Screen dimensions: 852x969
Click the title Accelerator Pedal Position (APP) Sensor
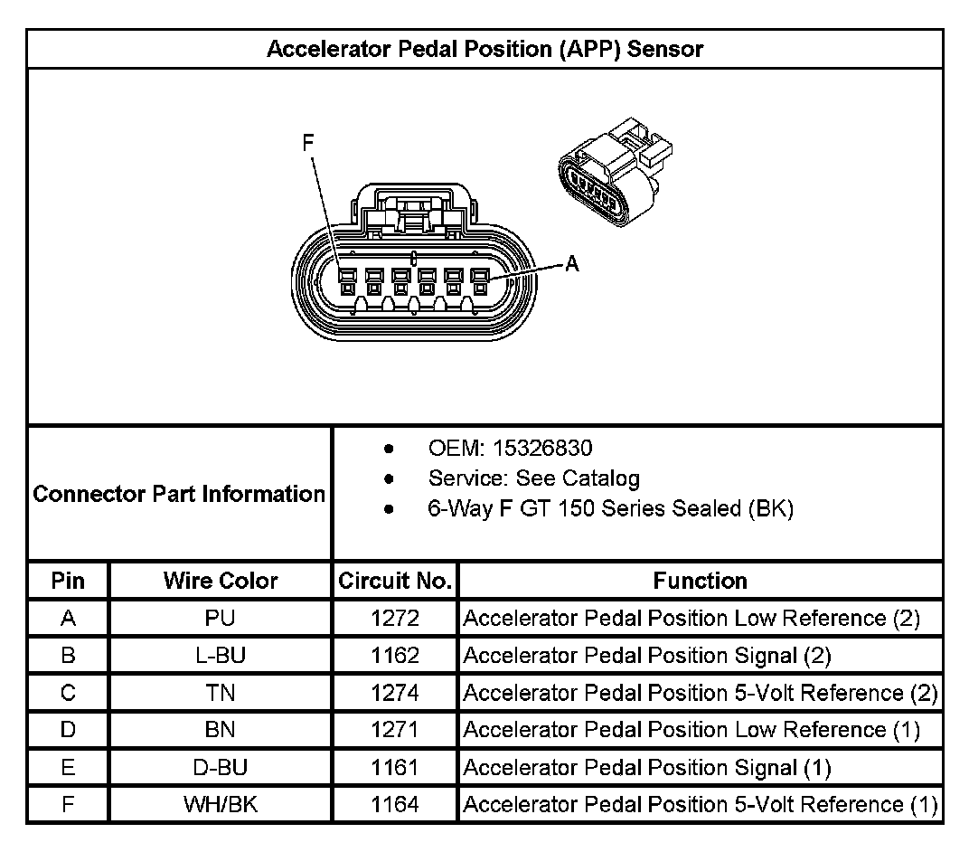[484, 49]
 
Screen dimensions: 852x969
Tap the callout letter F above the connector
[308, 143]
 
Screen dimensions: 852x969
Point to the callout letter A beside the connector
[571, 264]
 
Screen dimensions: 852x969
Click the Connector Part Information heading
[179, 494]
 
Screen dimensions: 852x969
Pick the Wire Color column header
[221, 581]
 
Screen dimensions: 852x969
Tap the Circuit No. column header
[394, 581]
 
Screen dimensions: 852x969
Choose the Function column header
[700, 581]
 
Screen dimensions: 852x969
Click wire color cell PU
[221, 619]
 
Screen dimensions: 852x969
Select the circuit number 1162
[395, 656]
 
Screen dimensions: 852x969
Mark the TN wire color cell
[221, 693]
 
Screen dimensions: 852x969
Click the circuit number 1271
[395, 730]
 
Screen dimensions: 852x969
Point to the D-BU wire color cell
[221, 768]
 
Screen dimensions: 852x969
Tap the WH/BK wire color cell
[221, 805]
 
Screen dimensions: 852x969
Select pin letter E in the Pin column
[68, 768]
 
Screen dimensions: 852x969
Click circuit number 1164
[395, 805]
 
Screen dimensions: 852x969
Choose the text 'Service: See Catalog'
[533, 478]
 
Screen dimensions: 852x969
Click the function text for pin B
[646, 656]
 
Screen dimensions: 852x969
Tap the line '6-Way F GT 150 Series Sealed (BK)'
[610, 508]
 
